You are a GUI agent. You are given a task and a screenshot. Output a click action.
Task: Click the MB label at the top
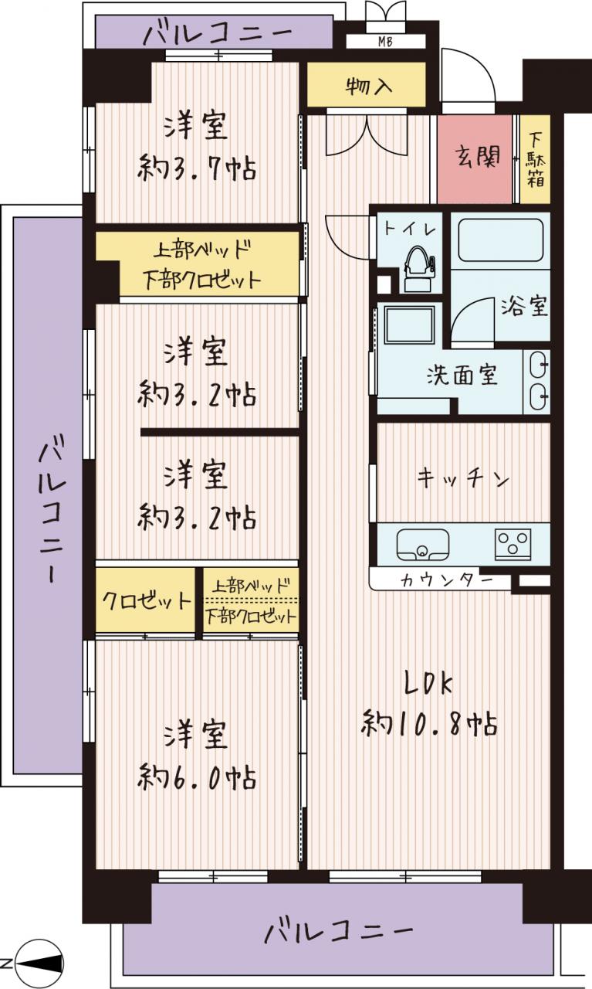pyautogui.click(x=385, y=42)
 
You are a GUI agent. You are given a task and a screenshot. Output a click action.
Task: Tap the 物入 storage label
pyautogui.click(x=369, y=85)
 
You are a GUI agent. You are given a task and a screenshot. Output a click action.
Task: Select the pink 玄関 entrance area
pyautogui.click(x=475, y=159)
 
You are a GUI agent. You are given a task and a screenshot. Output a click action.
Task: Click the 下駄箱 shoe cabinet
pyautogui.click(x=535, y=159)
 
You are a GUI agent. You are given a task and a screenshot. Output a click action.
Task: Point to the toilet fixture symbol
pyautogui.click(x=418, y=269)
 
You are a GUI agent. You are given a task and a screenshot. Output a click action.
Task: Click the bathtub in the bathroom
pyautogui.click(x=500, y=240)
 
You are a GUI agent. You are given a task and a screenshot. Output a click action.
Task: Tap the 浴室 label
pyautogui.click(x=524, y=306)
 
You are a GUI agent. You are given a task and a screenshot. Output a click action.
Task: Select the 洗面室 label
pyautogui.click(x=462, y=375)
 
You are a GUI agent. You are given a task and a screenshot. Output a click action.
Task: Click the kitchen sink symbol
pyautogui.click(x=423, y=545)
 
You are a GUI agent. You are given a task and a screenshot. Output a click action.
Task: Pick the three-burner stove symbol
pyautogui.click(x=513, y=544)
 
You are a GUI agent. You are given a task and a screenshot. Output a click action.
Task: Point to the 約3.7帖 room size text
pyautogui.click(x=196, y=168)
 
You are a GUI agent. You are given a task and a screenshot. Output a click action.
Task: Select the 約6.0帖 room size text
pyautogui.click(x=196, y=777)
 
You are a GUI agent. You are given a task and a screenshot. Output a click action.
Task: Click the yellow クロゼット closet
pyautogui.click(x=146, y=600)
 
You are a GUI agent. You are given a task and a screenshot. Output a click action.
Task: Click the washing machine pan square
pyautogui.click(x=409, y=325)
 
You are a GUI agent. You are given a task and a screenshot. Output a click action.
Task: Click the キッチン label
pyautogui.click(x=463, y=478)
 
